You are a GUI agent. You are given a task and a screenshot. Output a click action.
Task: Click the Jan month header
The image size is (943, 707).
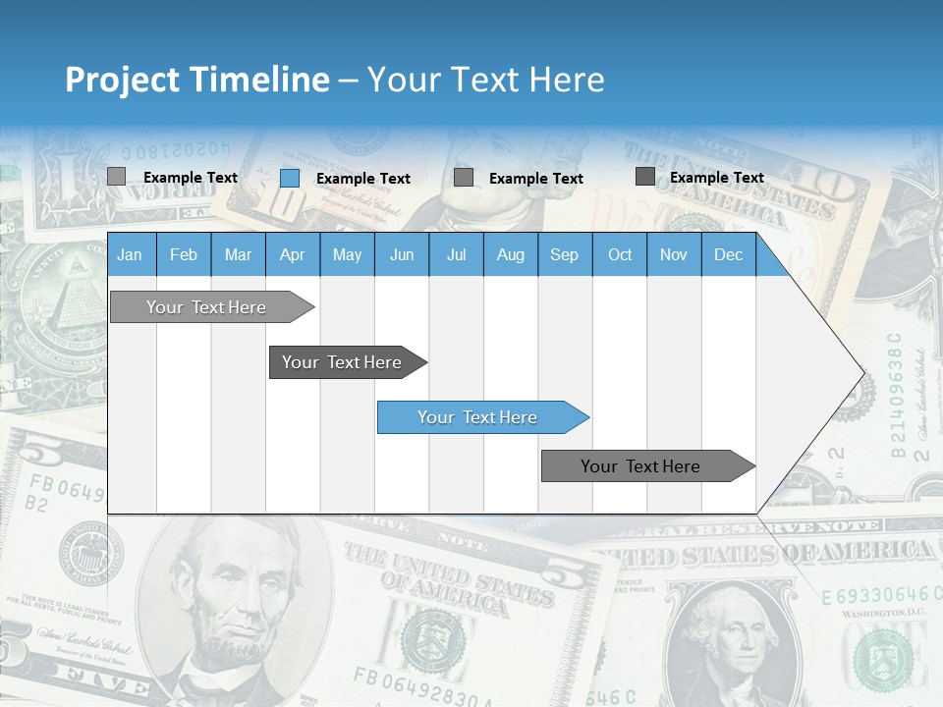click(130, 255)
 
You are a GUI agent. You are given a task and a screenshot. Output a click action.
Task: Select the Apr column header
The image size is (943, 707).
click(292, 255)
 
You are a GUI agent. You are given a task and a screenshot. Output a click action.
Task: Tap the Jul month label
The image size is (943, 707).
click(456, 255)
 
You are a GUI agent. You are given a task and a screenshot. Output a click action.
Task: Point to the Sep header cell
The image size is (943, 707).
click(564, 255)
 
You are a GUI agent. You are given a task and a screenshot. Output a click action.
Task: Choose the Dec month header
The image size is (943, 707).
click(728, 255)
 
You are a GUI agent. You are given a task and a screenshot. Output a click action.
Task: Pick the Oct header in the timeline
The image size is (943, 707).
click(620, 255)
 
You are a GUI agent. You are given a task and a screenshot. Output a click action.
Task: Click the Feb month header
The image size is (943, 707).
click(184, 255)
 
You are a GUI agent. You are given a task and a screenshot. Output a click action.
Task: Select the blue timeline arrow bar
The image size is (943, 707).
click(481, 417)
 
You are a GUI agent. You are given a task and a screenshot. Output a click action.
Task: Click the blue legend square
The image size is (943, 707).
click(290, 178)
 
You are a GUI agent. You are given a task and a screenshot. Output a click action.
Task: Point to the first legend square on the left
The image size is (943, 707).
click(116, 177)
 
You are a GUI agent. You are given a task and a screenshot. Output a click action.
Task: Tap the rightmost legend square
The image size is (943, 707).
click(645, 177)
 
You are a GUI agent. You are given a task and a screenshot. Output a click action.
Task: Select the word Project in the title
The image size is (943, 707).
click(123, 80)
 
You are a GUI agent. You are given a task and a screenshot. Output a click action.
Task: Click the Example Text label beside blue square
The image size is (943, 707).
click(363, 179)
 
